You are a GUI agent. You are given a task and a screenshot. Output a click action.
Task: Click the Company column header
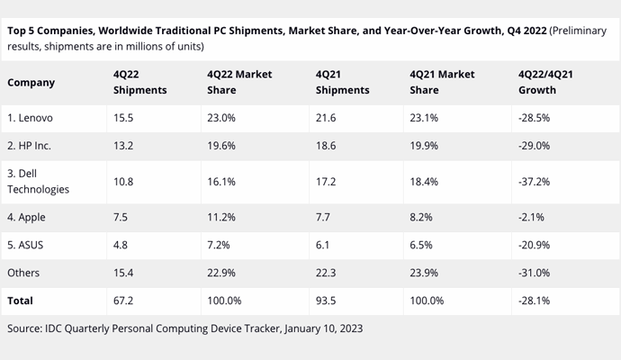(x=31, y=83)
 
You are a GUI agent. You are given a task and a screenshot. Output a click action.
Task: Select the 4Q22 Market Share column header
(x=239, y=82)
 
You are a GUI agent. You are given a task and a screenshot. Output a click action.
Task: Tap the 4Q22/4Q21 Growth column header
(x=545, y=82)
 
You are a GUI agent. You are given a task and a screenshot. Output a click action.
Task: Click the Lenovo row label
(x=30, y=118)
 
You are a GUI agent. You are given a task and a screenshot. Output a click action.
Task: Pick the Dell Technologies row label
(x=38, y=182)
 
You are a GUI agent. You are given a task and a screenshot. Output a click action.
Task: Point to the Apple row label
(x=26, y=217)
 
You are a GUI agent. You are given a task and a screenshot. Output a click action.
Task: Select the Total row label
(x=20, y=301)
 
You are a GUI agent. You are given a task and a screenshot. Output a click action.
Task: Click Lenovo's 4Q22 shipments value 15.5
(x=123, y=118)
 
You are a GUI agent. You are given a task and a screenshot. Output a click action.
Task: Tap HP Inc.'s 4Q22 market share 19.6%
(x=221, y=146)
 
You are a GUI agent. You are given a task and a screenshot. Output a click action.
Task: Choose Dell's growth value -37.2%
(x=534, y=182)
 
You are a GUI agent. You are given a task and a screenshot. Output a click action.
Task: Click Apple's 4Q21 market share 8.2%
(x=421, y=217)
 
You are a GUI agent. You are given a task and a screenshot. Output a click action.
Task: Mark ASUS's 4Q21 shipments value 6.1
(x=322, y=245)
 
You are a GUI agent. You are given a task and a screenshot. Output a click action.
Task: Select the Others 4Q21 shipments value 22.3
(x=326, y=273)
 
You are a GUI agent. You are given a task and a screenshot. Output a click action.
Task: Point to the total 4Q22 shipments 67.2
(x=123, y=301)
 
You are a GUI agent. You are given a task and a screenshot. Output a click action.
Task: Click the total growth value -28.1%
(x=534, y=301)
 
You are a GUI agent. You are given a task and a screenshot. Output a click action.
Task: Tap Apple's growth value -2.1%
(x=531, y=217)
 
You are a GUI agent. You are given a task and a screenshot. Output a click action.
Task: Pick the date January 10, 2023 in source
(x=323, y=328)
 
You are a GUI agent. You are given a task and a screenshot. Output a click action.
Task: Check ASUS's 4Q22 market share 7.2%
(x=218, y=245)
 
